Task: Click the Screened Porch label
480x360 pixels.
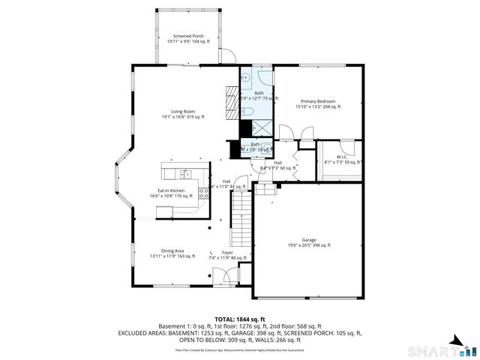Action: click(188, 39)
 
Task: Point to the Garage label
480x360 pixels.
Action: click(309, 242)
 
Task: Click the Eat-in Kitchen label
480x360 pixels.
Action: click(171, 193)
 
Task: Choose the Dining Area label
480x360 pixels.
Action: click(172, 253)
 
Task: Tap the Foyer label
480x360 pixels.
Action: click(226, 255)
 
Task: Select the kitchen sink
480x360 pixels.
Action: click(184, 175)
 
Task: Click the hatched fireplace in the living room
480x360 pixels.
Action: click(231, 97)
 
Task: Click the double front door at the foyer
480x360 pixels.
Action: click(223, 278)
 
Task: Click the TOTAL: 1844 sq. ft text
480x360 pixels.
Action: click(239, 319)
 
